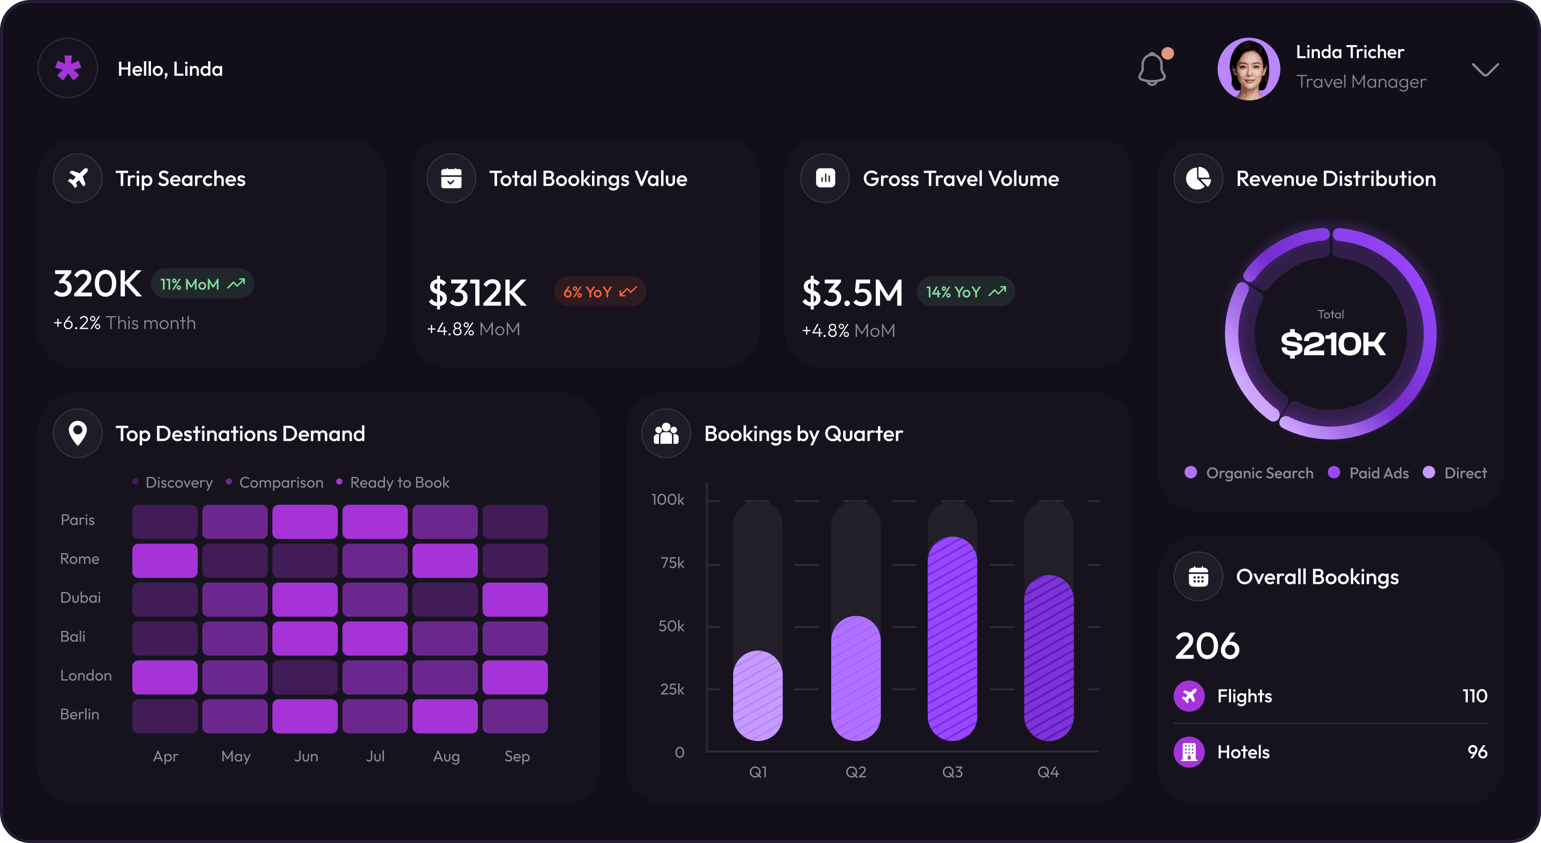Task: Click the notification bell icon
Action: tap(1151, 69)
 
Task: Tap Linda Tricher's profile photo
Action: tap(1248, 69)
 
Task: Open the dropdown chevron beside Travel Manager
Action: tap(1485, 70)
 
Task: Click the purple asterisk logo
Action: tap(67, 68)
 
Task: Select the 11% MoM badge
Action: tap(202, 284)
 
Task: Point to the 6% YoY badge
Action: tap(600, 292)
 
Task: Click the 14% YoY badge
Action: tap(966, 292)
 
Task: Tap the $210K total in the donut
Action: tap(1332, 344)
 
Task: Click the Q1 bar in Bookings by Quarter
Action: tap(758, 695)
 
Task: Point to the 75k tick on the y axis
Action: tap(672, 563)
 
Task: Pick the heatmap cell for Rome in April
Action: tap(164, 560)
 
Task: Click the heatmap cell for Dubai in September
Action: tap(515, 599)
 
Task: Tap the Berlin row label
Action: tap(79, 714)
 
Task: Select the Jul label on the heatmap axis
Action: tap(375, 756)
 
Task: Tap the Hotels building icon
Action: tap(1189, 752)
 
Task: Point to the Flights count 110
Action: tap(1475, 696)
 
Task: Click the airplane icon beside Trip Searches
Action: tap(78, 178)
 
